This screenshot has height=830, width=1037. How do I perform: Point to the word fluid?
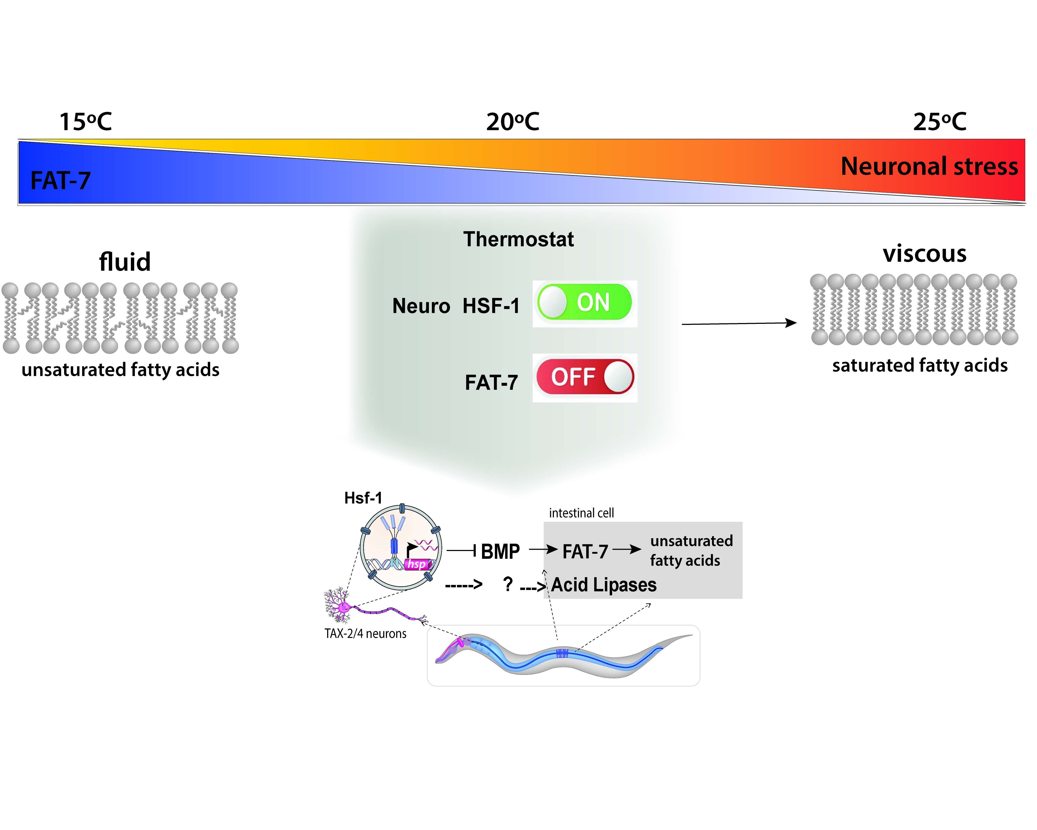pos(124,262)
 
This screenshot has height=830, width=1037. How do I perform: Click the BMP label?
pos(500,552)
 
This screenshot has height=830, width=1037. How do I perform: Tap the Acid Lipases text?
pos(604,585)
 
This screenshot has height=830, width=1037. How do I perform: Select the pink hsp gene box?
pos(417,564)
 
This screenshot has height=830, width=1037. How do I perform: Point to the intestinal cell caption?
pos(581,513)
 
